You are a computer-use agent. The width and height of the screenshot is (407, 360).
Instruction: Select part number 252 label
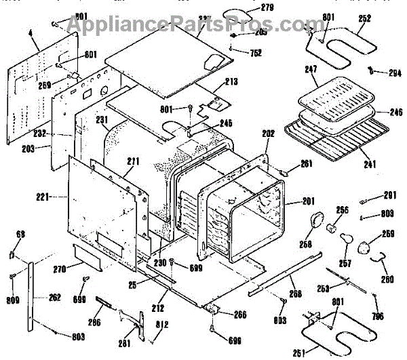tap(364, 19)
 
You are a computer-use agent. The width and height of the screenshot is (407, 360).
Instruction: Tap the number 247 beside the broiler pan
tap(311, 69)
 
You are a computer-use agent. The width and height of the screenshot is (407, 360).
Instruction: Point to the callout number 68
tap(20, 235)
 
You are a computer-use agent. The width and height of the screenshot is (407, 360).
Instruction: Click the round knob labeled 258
tap(316, 220)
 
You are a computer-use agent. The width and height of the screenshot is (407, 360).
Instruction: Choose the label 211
tap(132, 161)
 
